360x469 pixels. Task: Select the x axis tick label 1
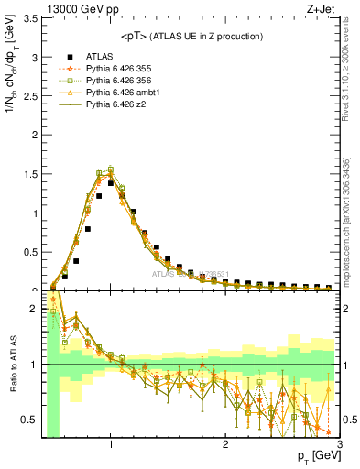(x=111, y=444)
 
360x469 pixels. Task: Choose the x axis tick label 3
(x=339, y=444)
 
